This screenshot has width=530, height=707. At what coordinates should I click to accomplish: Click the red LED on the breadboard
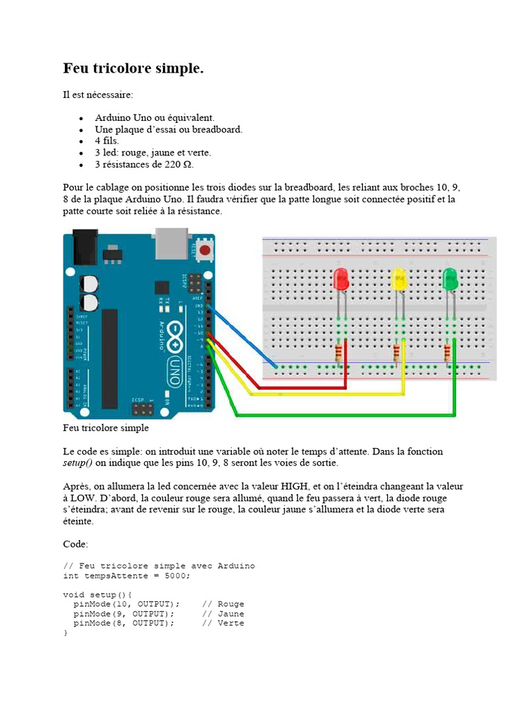[x=341, y=280]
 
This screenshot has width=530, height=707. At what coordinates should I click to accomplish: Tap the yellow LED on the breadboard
[x=399, y=280]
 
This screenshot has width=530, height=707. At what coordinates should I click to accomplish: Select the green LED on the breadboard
[x=451, y=280]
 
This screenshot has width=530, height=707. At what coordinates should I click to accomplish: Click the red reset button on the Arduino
[x=204, y=252]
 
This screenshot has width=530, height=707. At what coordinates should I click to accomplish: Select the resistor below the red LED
[x=338, y=353]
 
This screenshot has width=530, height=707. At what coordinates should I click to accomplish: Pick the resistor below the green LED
[x=449, y=353]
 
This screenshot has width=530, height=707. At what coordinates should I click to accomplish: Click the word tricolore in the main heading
[x=125, y=68]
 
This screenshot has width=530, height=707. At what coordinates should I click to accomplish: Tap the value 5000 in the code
[x=175, y=576]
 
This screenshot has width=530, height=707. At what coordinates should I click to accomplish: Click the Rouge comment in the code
[x=230, y=603]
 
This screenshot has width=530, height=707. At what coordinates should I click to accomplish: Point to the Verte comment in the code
[x=230, y=623]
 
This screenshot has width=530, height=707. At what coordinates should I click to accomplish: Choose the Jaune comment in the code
[x=230, y=613]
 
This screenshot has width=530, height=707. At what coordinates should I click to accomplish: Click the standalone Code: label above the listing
[x=76, y=544]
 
